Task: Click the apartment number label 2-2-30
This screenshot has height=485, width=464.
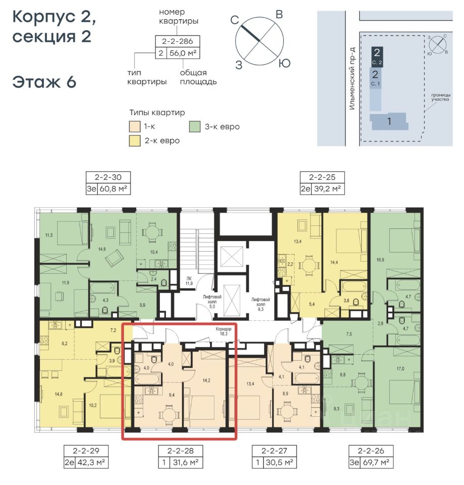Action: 108,177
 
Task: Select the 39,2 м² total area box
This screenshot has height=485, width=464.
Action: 327,188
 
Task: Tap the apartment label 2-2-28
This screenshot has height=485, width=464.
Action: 180,451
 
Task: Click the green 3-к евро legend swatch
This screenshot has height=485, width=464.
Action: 195,127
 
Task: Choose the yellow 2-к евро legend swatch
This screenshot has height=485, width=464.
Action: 135,141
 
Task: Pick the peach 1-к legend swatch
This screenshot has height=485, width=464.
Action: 135,127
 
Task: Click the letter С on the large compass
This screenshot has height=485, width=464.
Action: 235,20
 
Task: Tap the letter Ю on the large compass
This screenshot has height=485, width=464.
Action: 284,64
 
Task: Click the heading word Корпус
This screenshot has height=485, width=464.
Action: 44,17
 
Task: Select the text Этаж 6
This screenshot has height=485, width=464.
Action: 45,82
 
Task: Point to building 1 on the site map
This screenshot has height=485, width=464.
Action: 389,121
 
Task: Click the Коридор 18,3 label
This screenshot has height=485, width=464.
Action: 223,331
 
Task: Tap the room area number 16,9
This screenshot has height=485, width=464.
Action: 381,260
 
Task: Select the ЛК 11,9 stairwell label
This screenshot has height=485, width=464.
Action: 189,281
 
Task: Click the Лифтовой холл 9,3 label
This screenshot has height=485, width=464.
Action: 261,304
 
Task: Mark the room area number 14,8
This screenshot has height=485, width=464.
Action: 59,394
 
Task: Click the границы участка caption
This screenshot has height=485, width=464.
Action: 440,97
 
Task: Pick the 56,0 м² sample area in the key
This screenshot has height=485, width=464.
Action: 183,53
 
